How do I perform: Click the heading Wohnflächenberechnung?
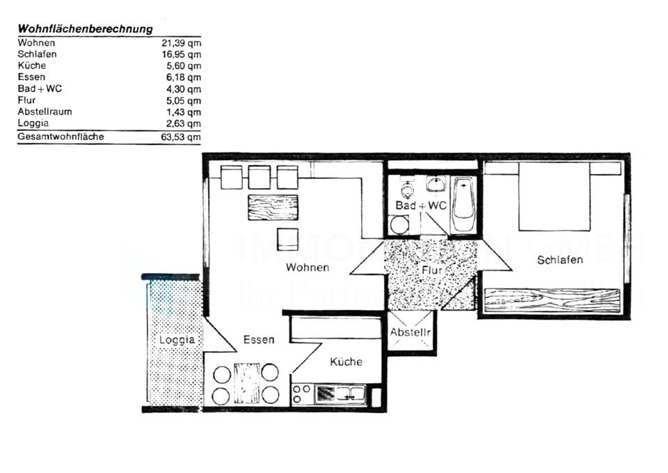85,29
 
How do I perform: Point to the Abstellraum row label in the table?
45,111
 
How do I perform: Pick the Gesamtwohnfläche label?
61,137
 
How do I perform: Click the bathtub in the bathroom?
463,205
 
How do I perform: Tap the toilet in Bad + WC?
408,190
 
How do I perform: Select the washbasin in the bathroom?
436,184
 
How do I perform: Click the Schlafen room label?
559,260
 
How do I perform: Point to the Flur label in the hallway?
431,270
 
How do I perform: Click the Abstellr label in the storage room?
411,332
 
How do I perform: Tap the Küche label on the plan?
346,362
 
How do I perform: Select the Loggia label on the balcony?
177,340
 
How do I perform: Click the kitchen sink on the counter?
340,394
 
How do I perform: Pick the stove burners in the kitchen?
301,394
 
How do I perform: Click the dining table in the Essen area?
246,383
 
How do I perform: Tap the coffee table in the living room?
273,208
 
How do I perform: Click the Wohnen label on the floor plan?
307,267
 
